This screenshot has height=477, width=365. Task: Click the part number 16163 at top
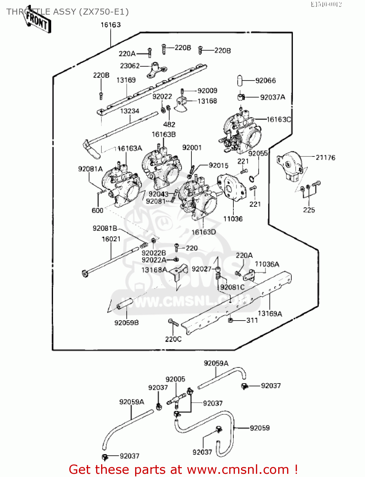click(x=111, y=25)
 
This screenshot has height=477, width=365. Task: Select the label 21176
click(x=325, y=157)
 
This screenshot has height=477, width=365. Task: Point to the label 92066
click(x=265, y=80)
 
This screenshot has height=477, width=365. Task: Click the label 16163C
click(x=278, y=120)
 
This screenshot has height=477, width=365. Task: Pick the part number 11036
click(x=233, y=219)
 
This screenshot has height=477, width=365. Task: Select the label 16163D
click(x=203, y=232)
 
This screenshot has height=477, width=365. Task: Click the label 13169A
click(x=270, y=314)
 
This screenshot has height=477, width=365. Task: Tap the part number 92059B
click(x=127, y=322)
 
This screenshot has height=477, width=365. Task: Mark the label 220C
click(x=173, y=339)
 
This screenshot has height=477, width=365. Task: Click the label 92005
click(x=175, y=379)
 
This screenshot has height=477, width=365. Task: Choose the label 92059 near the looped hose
click(x=260, y=428)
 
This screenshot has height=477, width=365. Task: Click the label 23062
click(x=130, y=66)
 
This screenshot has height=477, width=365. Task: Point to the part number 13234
click(x=129, y=111)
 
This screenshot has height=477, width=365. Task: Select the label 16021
click(x=111, y=239)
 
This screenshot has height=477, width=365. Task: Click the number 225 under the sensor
click(x=309, y=210)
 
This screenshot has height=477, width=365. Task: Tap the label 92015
click(x=218, y=165)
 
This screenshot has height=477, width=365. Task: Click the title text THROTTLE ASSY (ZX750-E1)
click(x=67, y=12)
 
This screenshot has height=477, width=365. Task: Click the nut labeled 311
click(x=231, y=320)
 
